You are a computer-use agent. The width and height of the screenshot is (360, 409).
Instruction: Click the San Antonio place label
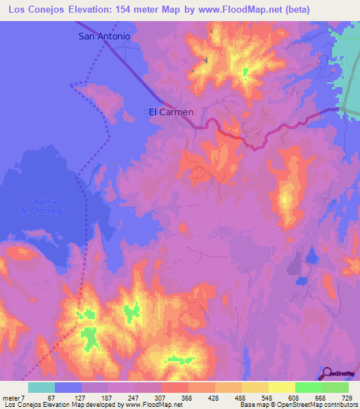(x=104, y=36)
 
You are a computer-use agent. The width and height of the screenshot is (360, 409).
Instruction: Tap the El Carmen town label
(x=172, y=111)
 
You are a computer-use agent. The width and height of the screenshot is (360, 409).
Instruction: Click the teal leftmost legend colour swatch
(x=41, y=388)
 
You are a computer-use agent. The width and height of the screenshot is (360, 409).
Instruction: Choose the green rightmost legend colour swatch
(x=335, y=388)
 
